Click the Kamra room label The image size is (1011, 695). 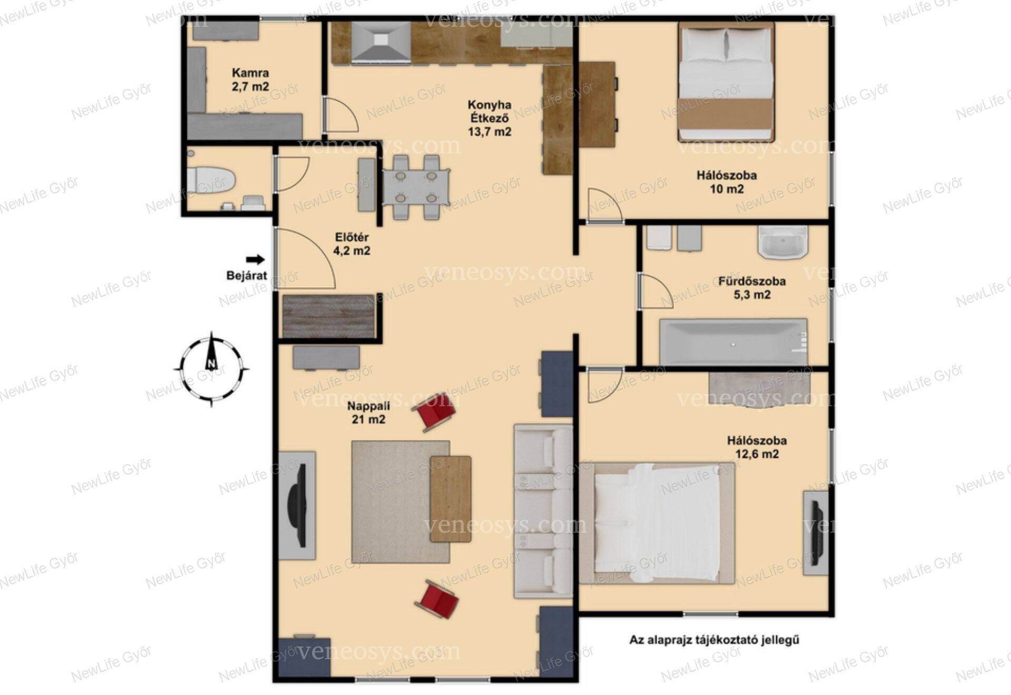(251, 80)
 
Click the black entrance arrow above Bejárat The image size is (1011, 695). (256, 259)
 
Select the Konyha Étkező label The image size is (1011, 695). (489, 118)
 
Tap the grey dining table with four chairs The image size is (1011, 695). (416, 187)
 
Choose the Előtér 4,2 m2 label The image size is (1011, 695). (352, 244)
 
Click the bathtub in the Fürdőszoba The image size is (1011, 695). (734, 341)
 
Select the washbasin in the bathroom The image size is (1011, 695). (783, 242)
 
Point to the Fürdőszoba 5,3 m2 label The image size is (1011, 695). (752, 288)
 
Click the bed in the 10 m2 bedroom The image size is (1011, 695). (727, 82)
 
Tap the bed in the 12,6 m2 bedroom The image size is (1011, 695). (658, 523)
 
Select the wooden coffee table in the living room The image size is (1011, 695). (450, 499)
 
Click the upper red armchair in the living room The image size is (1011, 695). (435, 411)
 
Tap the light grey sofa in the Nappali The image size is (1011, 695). (543, 511)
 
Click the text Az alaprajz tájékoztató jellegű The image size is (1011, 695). (715, 640)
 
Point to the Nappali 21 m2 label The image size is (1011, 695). (369, 413)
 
